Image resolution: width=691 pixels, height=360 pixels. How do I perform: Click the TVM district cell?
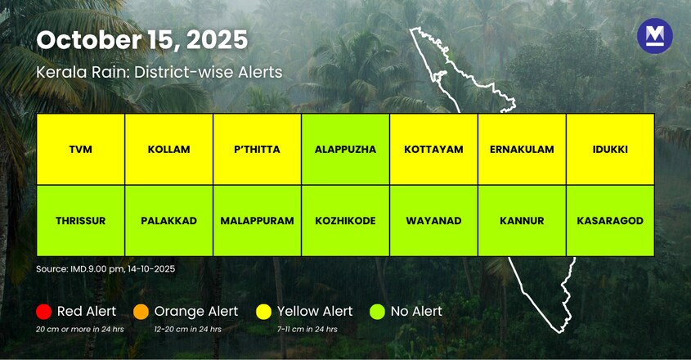pos(80,149)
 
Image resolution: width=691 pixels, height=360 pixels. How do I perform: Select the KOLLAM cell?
pos(168,149)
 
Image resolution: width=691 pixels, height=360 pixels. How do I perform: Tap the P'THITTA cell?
pos(257,149)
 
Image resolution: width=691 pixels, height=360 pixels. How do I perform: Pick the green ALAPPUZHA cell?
pos(345,149)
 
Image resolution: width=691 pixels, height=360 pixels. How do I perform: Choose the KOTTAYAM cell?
pos(433,149)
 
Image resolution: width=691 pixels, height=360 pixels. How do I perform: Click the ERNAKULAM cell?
pos(522,149)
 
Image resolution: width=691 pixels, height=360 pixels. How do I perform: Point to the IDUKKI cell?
pos(610,149)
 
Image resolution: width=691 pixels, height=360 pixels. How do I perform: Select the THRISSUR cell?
pos(80,220)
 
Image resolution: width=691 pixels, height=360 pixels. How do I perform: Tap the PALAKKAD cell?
pos(168,220)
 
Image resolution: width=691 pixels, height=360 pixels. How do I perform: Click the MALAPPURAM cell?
pos(257,220)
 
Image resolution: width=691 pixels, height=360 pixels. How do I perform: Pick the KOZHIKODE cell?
pos(345,220)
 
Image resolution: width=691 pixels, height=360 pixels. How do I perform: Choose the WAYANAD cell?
pos(433,220)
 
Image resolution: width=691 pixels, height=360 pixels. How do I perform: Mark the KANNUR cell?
pos(522,220)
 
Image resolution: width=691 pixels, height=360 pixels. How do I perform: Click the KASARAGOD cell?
pos(610,220)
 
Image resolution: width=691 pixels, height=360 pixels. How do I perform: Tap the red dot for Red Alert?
pos(43,312)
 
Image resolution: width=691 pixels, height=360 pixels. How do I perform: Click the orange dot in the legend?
pos(141,312)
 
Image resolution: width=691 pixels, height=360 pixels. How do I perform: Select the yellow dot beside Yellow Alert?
pos(263,312)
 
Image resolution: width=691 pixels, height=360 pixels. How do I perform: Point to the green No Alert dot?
pos(377,312)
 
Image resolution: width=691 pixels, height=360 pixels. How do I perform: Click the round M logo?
pos(654,36)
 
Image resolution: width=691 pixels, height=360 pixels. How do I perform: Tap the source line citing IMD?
pos(105,268)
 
